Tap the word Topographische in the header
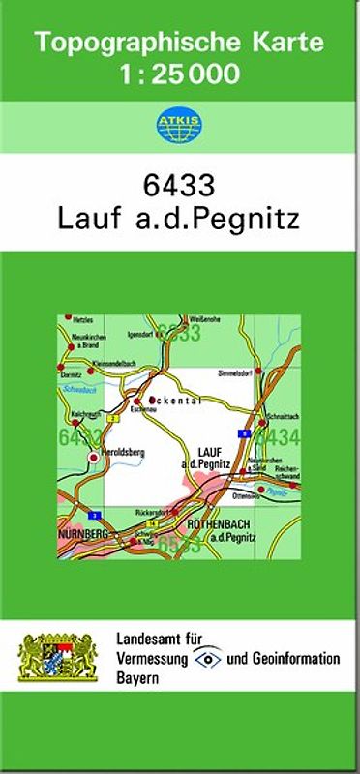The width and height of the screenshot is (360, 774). click(x=129, y=43)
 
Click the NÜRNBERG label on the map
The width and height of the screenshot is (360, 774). click(x=81, y=533)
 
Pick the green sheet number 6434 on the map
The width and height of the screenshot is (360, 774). click(x=279, y=435)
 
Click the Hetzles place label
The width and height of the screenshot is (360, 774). click(x=82, y=319)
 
